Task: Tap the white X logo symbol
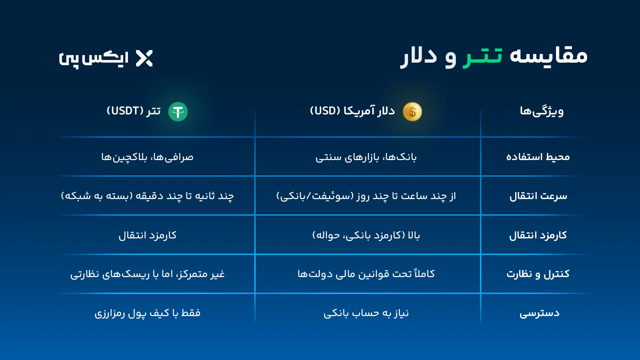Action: (144, 58)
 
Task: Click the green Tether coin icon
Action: (178, 112)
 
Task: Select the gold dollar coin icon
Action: (412, 112)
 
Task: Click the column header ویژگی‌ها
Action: (542, 111)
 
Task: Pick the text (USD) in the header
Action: (325, 111)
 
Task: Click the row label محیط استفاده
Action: (538, 157)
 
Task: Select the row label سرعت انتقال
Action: (538, 196)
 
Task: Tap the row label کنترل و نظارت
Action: (538, 274)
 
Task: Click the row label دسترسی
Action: (539, 313)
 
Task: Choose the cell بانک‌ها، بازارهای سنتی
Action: (366, 157)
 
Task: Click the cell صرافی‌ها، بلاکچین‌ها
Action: (147, 157)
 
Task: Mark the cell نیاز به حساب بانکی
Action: (366, 313)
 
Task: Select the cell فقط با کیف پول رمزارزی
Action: (147, 313)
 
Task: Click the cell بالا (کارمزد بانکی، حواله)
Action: (366, 235)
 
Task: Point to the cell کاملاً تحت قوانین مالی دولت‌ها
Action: (366, 274)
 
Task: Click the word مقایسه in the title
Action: (549, 56)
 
